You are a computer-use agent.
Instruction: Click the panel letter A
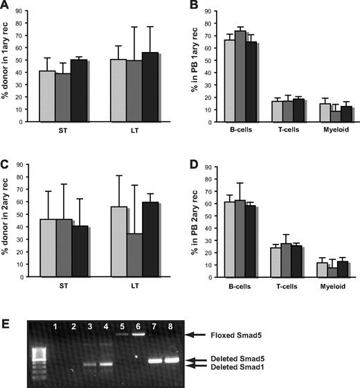(6, 6)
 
